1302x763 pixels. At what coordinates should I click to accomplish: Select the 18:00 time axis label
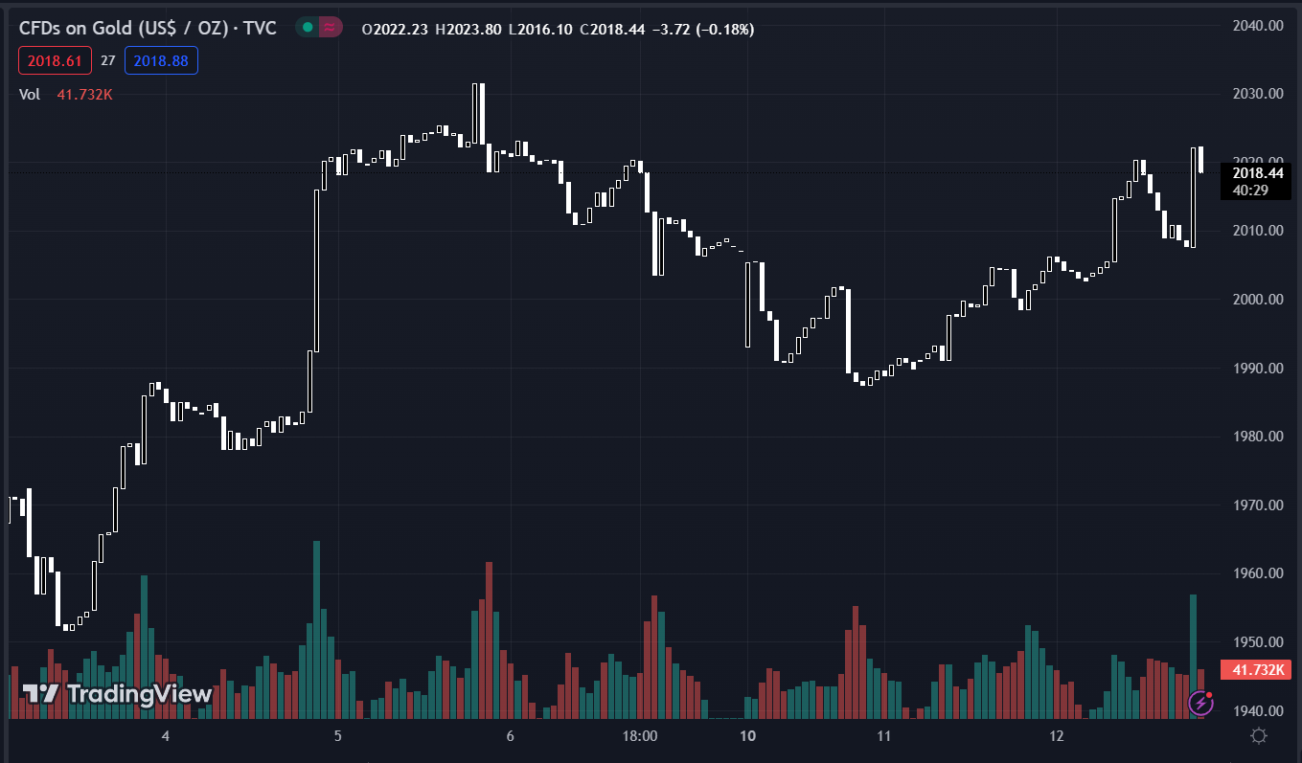pos(640,736)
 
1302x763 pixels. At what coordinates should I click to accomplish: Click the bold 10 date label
pos(748,736)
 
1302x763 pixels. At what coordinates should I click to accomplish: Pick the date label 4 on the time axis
pos(166,736)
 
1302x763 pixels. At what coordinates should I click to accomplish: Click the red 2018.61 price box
pos(55,61)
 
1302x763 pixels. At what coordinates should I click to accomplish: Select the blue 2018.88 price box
pos(161,61)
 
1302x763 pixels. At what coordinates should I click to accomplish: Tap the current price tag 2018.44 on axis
pos(1257,173)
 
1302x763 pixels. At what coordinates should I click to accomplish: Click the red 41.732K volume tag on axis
pos(1256,670)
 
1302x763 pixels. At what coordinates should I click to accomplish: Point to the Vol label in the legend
pos(30,94)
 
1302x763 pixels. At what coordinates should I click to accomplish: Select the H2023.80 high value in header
pos(468,30)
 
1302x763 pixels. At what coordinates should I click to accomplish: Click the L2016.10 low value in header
pos(541,30)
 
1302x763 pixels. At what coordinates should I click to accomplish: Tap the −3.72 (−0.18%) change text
pos(703,30)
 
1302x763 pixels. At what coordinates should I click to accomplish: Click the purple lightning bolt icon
pos(1200,704)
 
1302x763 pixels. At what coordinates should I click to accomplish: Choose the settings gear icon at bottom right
pos(1259,735)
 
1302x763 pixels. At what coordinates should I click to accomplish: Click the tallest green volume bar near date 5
pos(316,629)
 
